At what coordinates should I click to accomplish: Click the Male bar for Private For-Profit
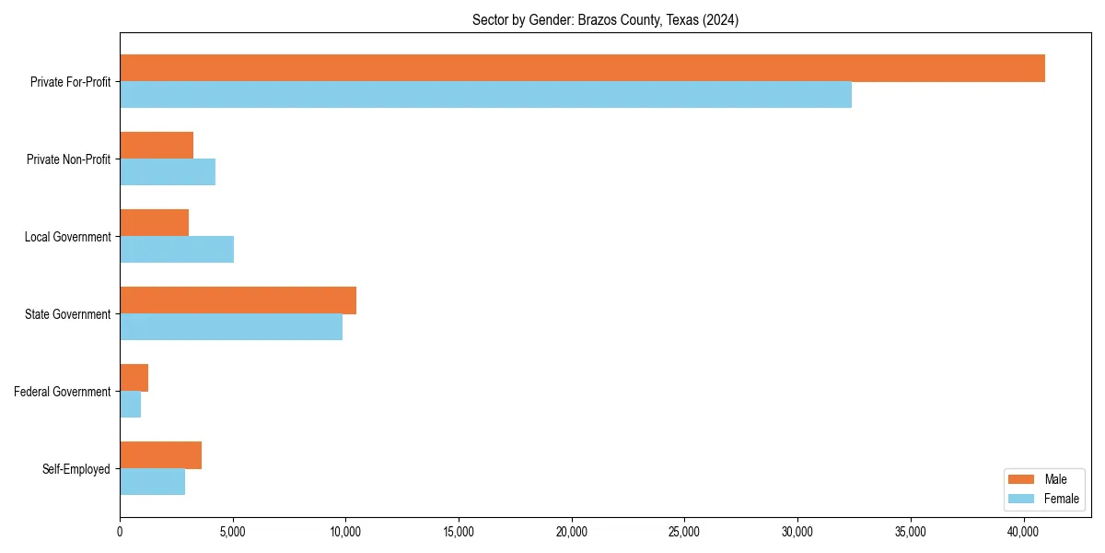coord(582,68)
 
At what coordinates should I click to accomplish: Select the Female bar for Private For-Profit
coord(485,95)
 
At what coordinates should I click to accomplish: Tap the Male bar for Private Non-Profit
coord(157,146)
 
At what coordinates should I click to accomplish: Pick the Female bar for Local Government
coord(177,250)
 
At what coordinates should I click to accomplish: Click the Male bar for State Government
coord(238,300)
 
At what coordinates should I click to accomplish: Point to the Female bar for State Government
coord(231,327)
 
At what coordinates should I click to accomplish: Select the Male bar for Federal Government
coord(134,378)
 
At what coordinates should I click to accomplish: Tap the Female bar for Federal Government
coord(131,405)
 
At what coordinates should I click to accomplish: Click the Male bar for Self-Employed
coord(161,455)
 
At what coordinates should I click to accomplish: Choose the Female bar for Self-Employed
coord(153,482)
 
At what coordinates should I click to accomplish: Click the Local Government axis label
coord(67,237)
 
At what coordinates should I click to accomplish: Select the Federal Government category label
coord(62,392)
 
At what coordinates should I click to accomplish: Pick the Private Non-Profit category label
coord(68,159)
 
